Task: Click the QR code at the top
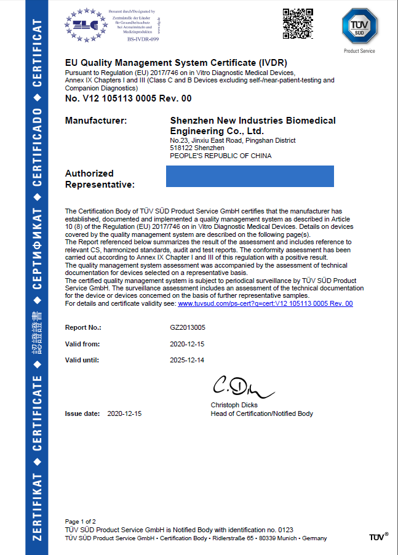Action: (x=298, y=24)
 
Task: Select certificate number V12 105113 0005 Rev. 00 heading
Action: (x=128, y=98)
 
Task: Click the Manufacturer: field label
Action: (x=96, y=121)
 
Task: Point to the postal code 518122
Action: (x=181, y=148)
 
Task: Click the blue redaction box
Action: (x=250, y=176)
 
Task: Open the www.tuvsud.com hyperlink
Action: (x=265, y=304)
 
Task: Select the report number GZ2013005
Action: (x=188, y=328)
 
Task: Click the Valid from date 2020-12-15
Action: (x=187, y=344)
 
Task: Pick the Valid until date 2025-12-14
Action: (x=187, y=360)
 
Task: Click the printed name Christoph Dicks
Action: (x=234, y=405)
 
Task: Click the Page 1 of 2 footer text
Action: (x=80, y=521)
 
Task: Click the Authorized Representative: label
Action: (x=100, y=179)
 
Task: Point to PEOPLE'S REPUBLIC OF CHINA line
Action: (x=220, y=156)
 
